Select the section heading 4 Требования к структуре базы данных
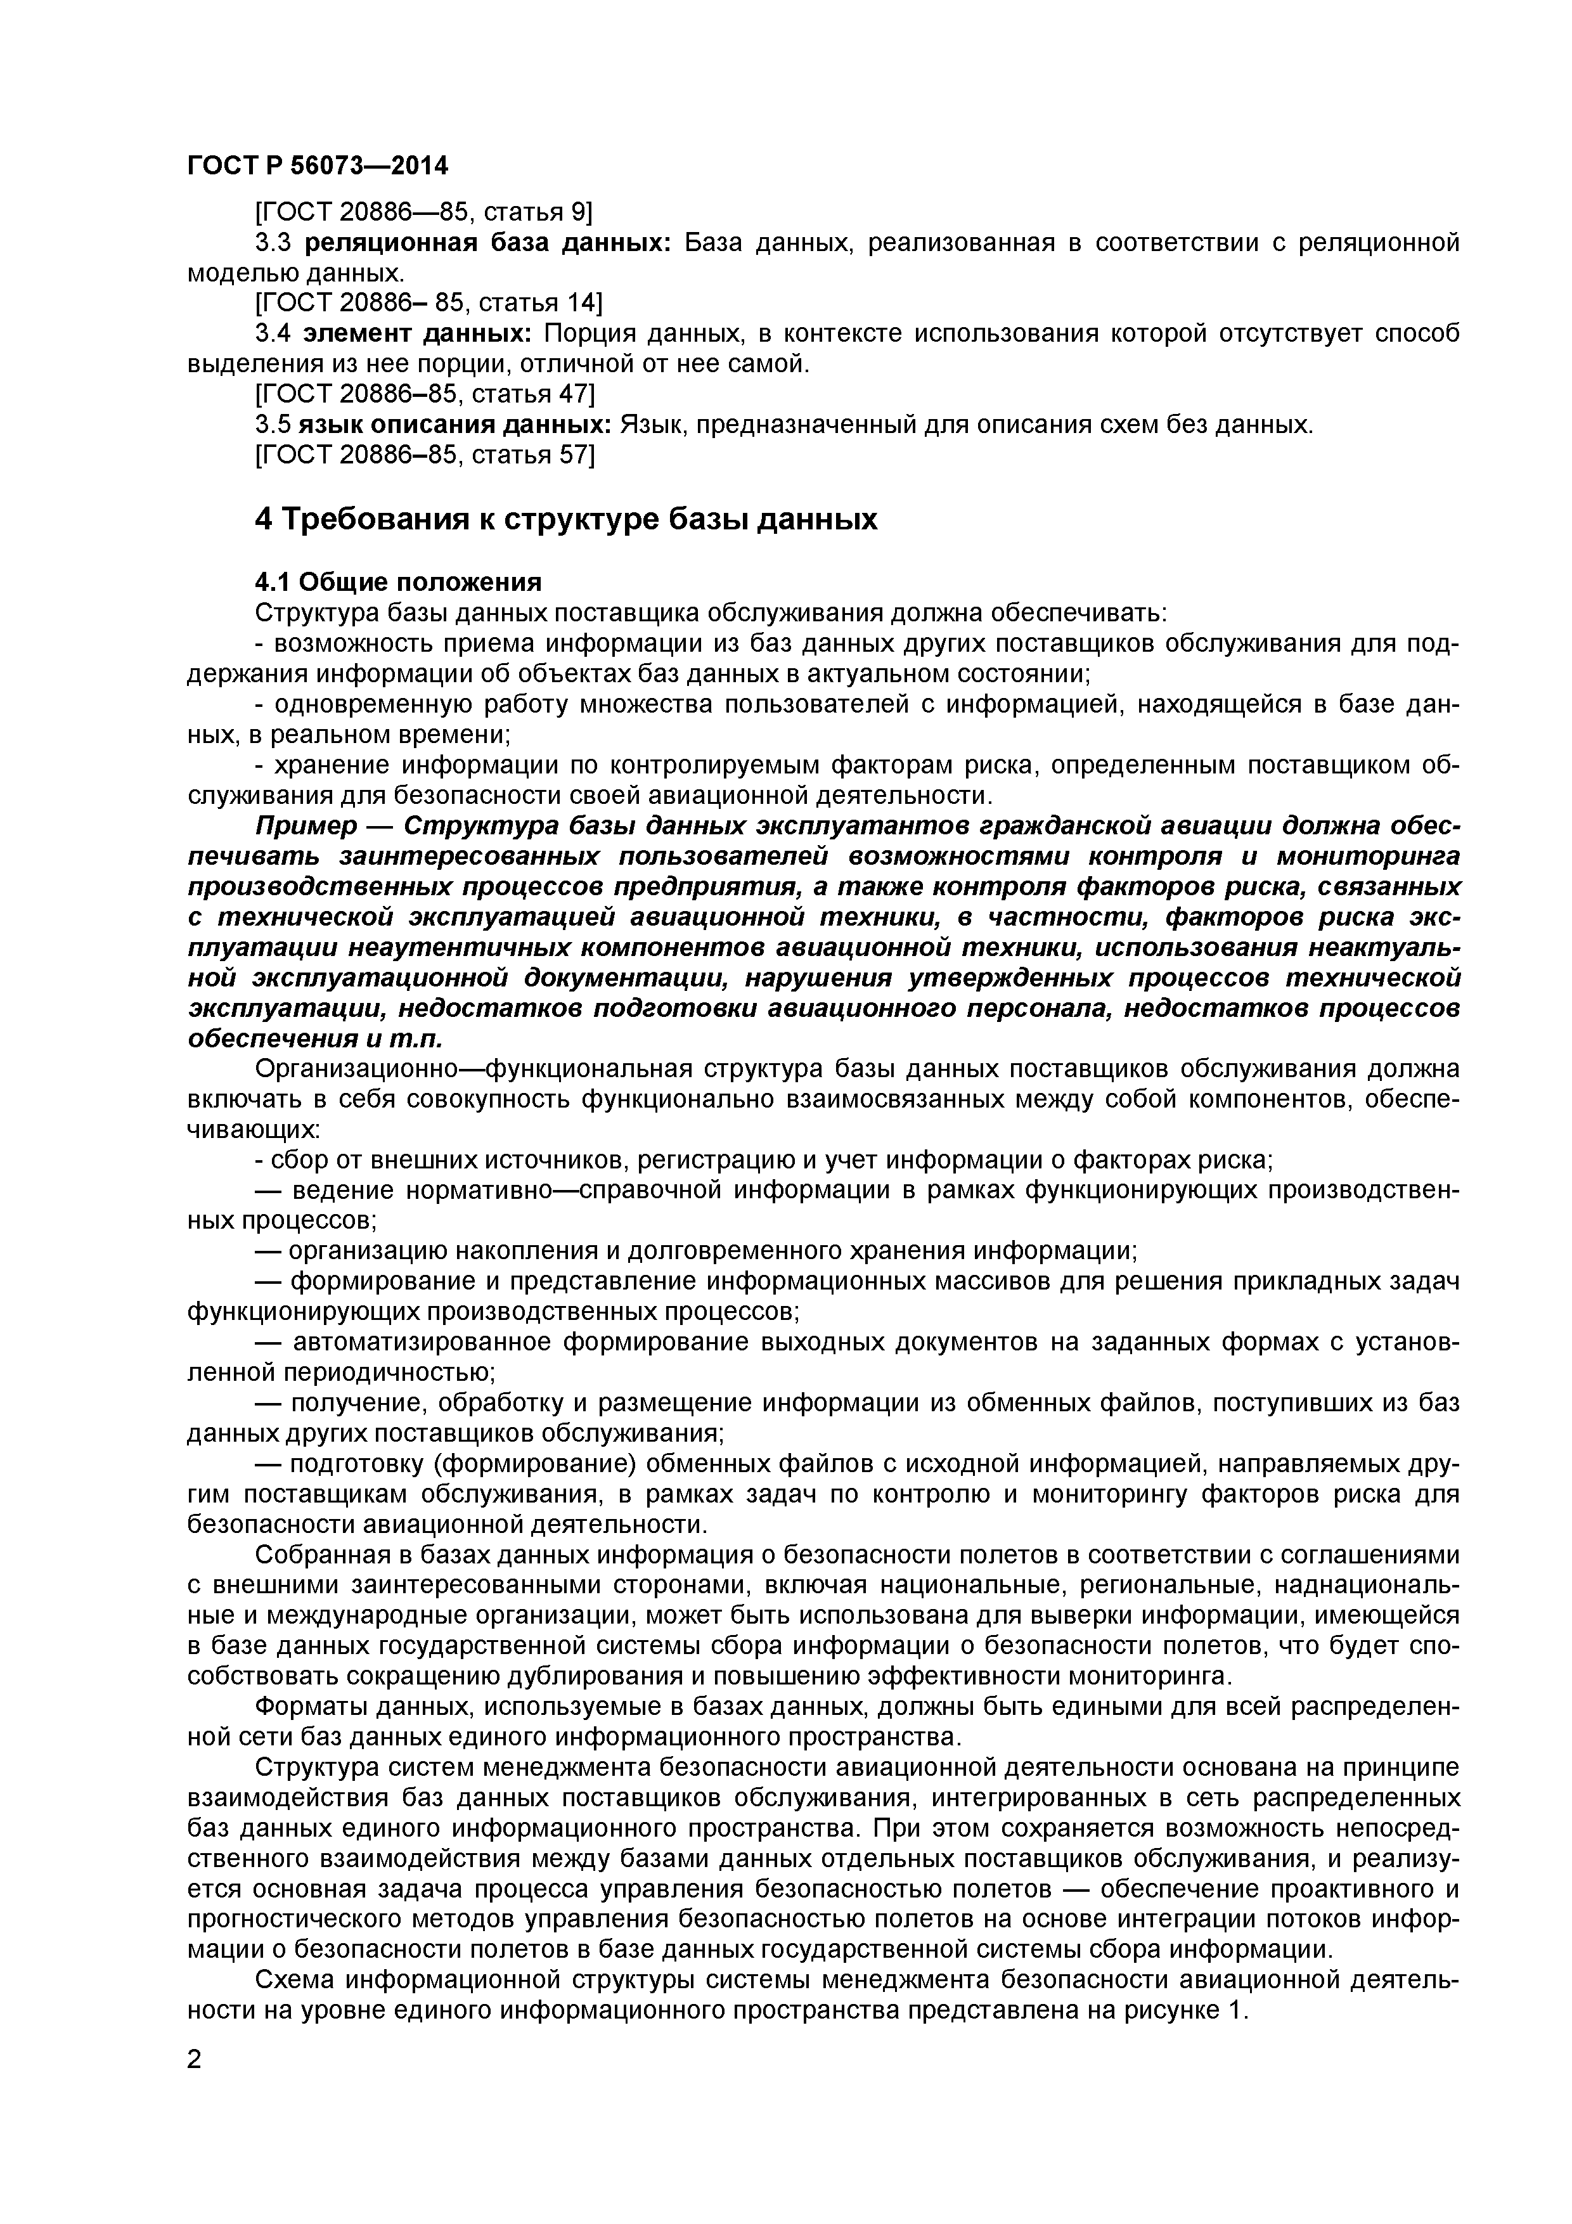click(x=565, y=519)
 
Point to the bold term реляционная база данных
click(x=487, y=242)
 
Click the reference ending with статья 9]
click(x=423, y=212)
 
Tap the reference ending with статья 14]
click(x=427, y=303)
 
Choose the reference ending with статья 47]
click(x=424, y=394)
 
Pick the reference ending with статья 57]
click(x=424, y=455)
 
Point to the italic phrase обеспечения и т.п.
click(x=314, y=1038)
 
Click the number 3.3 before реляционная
click(x=273, y=242)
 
